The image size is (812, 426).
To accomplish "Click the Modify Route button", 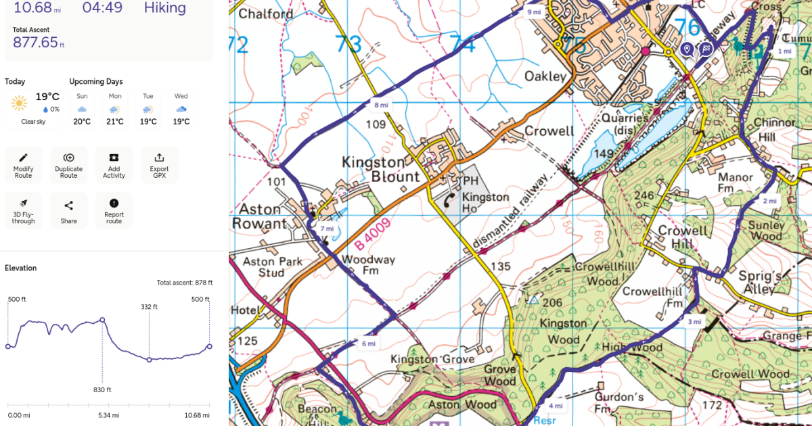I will point(23,164).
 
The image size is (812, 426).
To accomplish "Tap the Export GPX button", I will point(160,164).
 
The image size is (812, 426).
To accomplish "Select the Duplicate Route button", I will point(68,164).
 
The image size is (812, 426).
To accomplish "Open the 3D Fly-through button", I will point(23,210).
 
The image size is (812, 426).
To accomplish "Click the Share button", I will point(68,210).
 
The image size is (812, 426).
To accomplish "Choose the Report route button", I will point(114,210).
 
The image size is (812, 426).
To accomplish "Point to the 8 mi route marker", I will point(381,105).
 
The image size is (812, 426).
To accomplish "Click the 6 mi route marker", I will point(368,344).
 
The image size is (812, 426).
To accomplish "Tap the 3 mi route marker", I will point(694,321).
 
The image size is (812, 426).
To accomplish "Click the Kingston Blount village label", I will point(374,170).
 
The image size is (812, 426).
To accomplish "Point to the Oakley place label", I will point(545,76).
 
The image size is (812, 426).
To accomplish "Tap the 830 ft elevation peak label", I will point(102,389).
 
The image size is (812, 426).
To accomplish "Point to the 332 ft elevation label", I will point(150,306).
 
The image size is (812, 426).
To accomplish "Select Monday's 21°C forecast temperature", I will point(114,122).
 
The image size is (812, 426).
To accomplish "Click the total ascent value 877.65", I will point(35,43).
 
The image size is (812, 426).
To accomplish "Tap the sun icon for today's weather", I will point(19,103).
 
